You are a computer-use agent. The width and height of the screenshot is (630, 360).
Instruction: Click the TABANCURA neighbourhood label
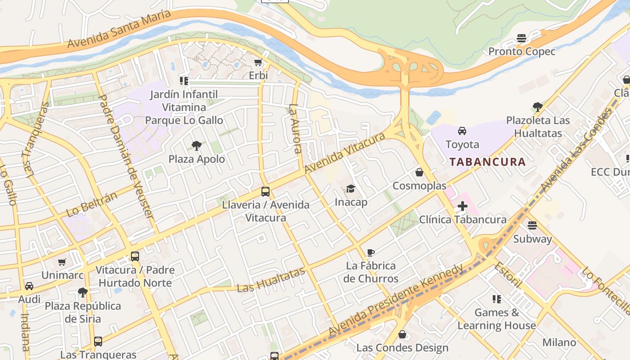tap(488, 162)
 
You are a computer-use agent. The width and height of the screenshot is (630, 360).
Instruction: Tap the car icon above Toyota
tap(462, 131)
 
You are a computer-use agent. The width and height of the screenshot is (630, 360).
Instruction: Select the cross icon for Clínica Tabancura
tap(462, 207)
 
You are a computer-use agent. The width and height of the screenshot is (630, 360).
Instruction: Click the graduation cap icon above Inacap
tap(351, 189)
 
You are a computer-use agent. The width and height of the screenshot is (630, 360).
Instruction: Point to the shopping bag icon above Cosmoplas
tap(419, 172)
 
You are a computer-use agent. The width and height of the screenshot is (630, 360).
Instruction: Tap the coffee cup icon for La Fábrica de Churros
tap(371, 252)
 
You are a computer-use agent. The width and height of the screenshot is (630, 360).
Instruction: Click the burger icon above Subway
tap(532, 225)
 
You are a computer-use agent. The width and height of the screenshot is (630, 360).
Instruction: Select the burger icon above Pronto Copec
tap(522, 38)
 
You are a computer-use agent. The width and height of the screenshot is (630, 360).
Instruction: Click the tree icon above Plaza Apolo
tap(196, 145)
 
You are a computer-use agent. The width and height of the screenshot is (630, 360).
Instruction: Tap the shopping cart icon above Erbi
tap(258, 62)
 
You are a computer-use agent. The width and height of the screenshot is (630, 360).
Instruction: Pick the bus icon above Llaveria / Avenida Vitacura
tap(265, 192)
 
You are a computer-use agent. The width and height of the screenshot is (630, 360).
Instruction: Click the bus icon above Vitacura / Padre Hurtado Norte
tap(135, 256)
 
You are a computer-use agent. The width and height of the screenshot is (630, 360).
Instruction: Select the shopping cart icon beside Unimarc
tap(62, 262)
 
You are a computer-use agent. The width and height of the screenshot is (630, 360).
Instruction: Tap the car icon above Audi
tap(29, 286)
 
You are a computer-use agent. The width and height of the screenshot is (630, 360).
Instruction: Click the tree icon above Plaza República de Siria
tap(82, 292)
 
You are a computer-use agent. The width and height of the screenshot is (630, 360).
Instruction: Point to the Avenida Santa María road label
tap(119, 29)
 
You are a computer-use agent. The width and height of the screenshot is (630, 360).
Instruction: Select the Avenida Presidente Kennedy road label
tap(396, 301)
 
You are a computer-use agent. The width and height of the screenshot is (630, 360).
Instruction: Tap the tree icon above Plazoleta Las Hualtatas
tap(537, 107)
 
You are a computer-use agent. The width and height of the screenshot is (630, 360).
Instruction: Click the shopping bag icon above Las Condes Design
tap(402, 334)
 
